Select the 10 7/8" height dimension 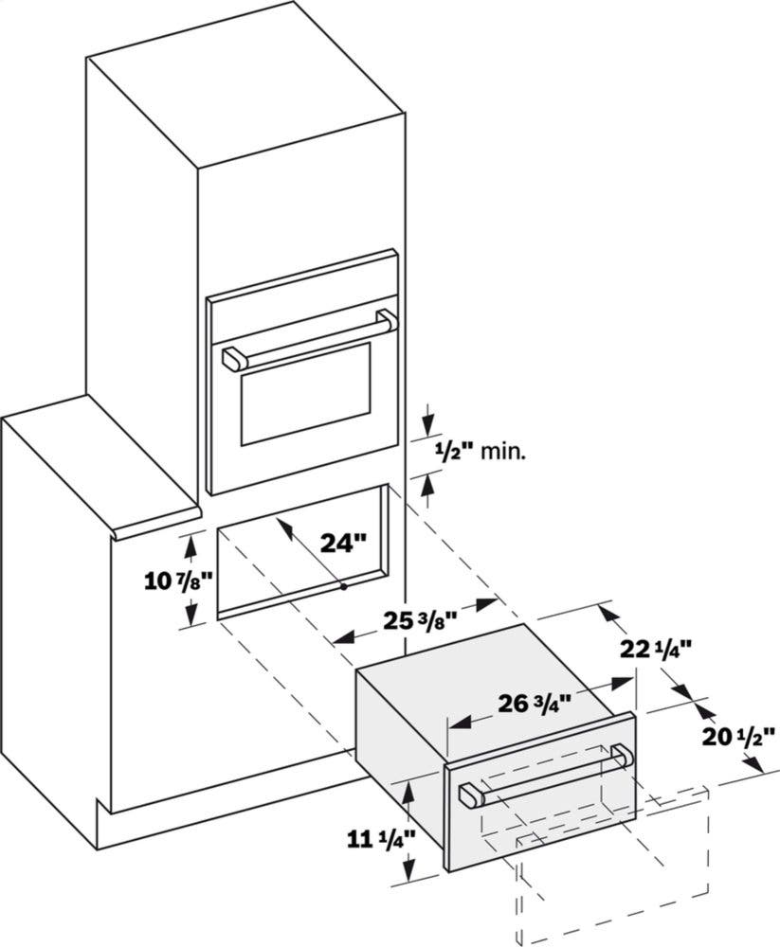click(x=179, y=581)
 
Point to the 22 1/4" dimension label click(x=656, y=650)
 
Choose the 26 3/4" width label click(x=535, y=704)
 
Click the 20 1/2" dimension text click(x=738, y=737)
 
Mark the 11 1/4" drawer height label click(x=382, y=839)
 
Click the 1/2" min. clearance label click(x=481, y=451)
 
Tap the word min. click(x=502, y=452)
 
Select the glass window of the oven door click(x=305, y=394)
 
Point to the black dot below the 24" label click(x=343, y=586)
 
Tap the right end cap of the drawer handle click(x=622, y=758)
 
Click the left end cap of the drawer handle click(x=472, y=795)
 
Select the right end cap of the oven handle click(x=387, y=320)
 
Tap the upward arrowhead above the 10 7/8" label click(x=191, y=546)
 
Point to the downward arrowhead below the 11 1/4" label click(x=410, y=873)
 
